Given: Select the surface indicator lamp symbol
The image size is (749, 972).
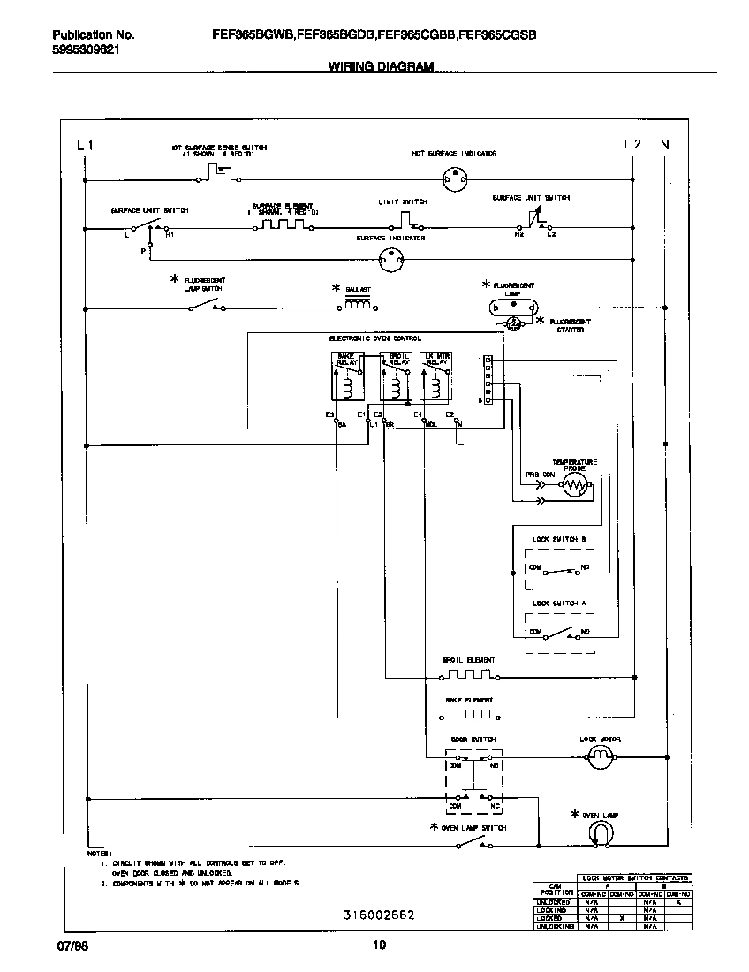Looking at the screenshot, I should coord(390,259).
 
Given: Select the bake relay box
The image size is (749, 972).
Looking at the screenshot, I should coord(344,377).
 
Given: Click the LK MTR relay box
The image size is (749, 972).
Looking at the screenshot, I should coord(436,377).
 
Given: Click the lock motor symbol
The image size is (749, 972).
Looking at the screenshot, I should coord(601,756).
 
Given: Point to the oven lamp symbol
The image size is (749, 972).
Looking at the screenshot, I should coord(601,832).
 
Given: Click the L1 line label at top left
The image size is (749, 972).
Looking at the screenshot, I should coord(84,145).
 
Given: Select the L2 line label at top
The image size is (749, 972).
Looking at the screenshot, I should coord(632,145).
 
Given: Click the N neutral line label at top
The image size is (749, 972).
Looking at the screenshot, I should coord(665,145).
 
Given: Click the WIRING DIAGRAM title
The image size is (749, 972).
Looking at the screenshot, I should coord(381,66).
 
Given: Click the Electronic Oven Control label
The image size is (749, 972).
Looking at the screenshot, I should coord(374,338).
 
